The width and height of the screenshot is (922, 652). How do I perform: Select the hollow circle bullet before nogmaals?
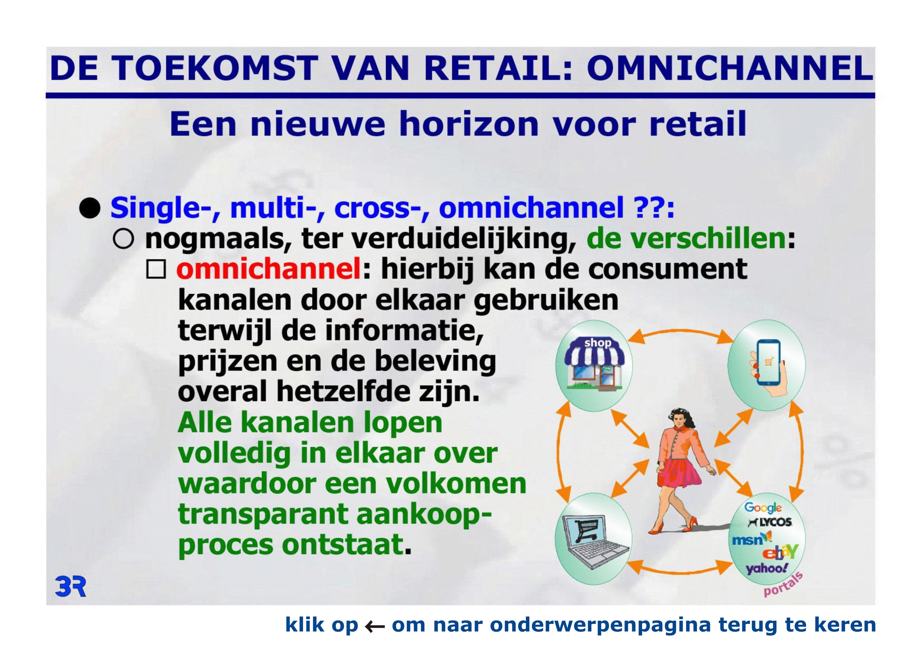(123, 240)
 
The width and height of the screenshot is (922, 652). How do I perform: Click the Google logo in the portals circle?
(763, 508)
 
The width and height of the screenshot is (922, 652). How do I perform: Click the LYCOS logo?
(770, 522)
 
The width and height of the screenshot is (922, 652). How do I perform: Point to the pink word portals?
(783, 584)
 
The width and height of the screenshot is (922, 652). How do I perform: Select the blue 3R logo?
(70, 587)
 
